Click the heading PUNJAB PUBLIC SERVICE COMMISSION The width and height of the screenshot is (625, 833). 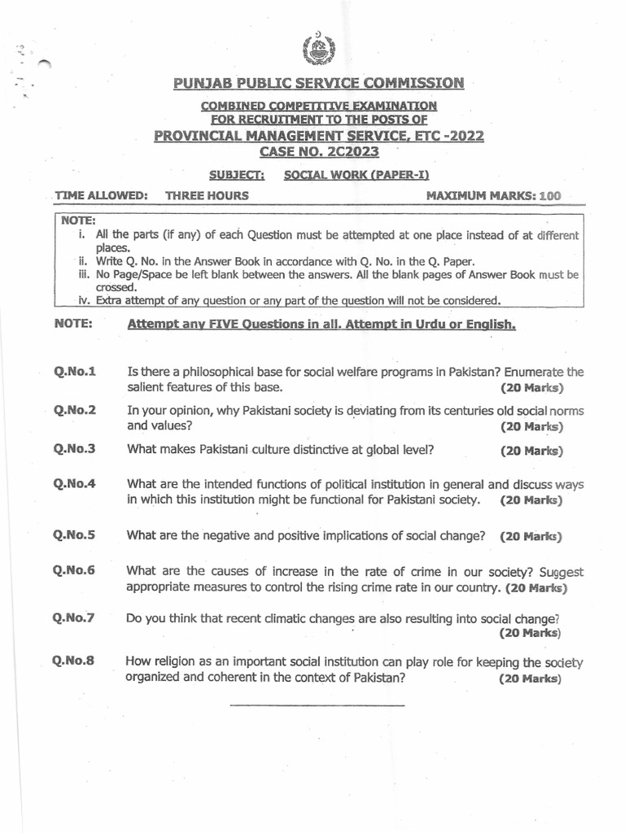point(318,83)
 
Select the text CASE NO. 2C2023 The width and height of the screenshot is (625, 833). point(318,151)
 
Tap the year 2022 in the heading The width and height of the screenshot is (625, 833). point(465,136)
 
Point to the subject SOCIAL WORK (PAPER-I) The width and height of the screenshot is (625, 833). point(356,175)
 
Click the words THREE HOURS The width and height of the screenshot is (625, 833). point(207,195)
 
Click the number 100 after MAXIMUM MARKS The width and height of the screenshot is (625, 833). point(550,196)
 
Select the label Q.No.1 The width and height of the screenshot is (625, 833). point(75,372)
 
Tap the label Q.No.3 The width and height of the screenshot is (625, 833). point(75,448)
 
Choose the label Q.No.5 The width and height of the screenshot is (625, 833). point(75,535)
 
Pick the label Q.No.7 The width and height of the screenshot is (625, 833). point(74,617)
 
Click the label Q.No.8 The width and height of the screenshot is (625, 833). point(74,661)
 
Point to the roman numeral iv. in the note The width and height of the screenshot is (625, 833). point(84,299)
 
